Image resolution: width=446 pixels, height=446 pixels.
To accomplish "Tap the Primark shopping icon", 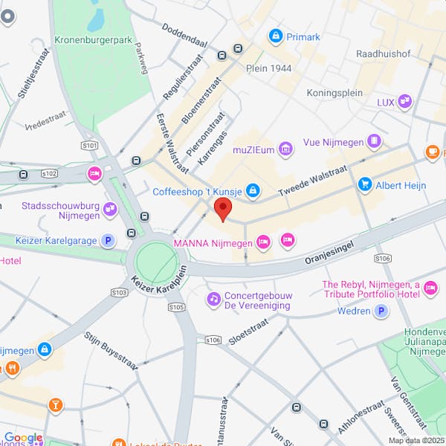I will pyautogui.click(x=276, y=36).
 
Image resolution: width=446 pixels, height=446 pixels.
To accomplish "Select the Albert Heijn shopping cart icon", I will pyautogui.click(x=364, y=184).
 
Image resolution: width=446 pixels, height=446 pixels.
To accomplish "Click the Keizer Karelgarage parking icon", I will pyautogui.click(x=109, y=240).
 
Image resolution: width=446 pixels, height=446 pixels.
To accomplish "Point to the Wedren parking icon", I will pyautogui.click(x=382, y=311).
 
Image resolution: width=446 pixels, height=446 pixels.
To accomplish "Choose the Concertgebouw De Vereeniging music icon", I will pyautogui.click(x=213, y=299).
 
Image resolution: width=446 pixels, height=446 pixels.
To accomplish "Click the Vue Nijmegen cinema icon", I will pyautogui.click(x=375, y=140).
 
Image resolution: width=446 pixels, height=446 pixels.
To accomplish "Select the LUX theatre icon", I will pyautogui.click(x=404, y=102).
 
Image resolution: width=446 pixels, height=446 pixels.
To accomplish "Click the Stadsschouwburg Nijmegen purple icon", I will pyautogui.click(x=110, y=210).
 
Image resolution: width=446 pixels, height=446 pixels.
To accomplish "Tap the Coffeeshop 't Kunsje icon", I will pyautogui.click(x=253, y=192).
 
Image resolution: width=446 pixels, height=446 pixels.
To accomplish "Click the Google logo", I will pyautogui.click(x=23, y=439).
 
